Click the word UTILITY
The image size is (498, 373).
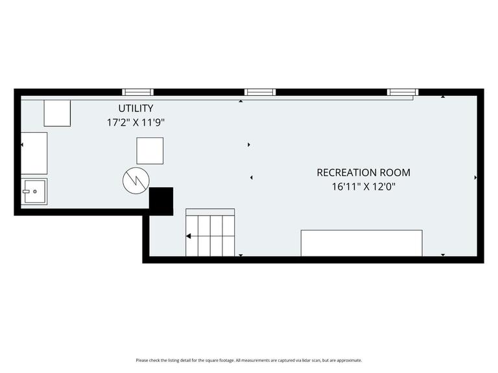[136, 108]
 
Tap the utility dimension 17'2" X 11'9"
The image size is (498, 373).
[136, 122]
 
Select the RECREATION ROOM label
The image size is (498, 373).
[363, 172]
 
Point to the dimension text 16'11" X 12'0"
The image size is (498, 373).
[363, 186]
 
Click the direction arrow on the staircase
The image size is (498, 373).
[189, 236]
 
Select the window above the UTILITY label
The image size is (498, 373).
[139, 92]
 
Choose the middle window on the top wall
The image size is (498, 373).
[260, 92]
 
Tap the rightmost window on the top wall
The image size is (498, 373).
[403, 92]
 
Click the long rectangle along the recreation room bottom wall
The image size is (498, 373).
[361, 243]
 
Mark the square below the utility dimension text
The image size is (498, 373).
[150, 151]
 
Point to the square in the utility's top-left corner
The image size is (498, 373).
[57, 113]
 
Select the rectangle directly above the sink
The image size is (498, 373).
[34, 152]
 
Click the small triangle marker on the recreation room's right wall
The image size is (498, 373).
[476, 177]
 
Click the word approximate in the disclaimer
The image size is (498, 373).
[350, 360]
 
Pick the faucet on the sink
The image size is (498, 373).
[27, 192]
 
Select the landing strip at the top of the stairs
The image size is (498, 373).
[210, 212]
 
